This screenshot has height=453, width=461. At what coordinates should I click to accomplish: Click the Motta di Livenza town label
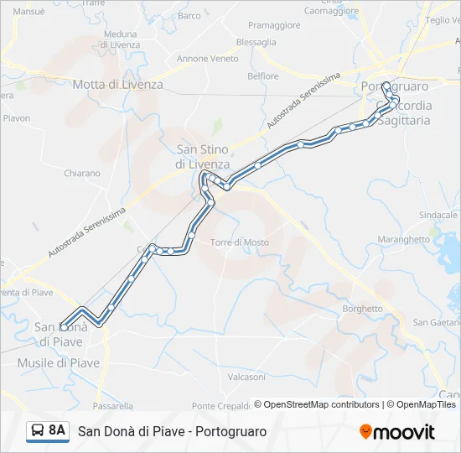117,85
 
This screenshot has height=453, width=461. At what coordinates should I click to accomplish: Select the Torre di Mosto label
240,242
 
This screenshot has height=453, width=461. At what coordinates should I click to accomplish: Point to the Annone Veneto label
207,59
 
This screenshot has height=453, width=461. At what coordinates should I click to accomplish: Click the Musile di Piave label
59,363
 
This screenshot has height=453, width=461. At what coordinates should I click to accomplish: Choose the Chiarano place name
82,174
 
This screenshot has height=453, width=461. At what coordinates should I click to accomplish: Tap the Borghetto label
363,309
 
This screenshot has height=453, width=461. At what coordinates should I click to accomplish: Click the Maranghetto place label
404,239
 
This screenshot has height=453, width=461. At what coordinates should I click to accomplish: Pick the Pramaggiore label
274,25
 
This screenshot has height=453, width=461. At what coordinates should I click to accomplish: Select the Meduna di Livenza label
120,39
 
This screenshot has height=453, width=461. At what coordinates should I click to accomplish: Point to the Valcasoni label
246,377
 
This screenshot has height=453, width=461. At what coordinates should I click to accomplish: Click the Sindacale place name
438,216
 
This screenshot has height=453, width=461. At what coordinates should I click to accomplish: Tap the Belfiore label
263,76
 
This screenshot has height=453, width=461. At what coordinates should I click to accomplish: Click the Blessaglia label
256,42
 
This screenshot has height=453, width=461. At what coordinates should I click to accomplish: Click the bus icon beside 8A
37,431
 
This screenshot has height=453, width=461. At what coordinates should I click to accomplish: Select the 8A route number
57,431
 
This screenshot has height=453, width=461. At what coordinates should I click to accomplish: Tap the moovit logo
397,432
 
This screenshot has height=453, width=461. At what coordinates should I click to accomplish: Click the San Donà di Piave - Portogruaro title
172,431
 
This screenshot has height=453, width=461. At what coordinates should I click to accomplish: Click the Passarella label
113,406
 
